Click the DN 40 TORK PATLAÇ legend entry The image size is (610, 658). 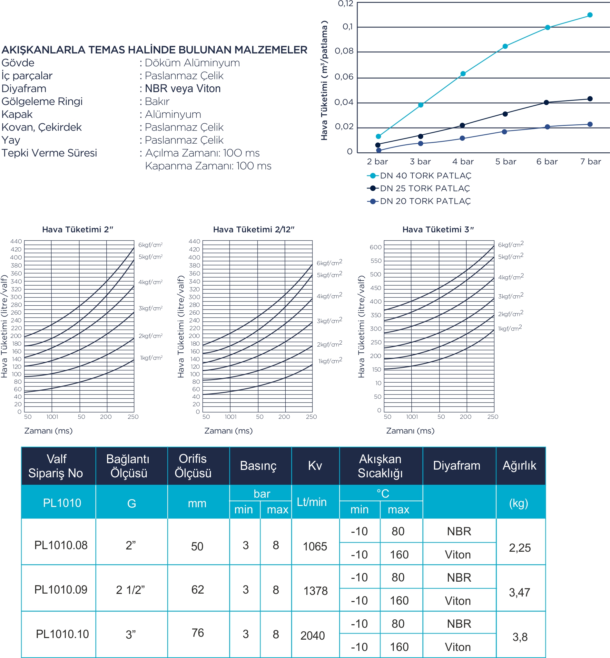pyautogui.click(x=419, y=176)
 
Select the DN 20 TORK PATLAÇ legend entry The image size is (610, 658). pyautogui.click(x=419, y=201)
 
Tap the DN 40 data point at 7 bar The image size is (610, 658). pyautogui.click(x=590, y=15)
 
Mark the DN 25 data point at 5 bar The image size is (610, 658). pyautogui.click(x=505, y=114)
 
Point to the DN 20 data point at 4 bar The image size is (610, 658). pyautogui.click(x=462, y=138)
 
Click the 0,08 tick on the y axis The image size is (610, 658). pyautogui.click(x=344, y=51)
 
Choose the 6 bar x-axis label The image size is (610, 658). pyautogui.click(x=547, y=162)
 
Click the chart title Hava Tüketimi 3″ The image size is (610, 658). pyautogui.click(x=438, y=229)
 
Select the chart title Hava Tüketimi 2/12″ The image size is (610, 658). pyautogui.click(x=253, y=229)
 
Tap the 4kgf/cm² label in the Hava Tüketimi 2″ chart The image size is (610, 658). pyautogui.click(x=151, y=282)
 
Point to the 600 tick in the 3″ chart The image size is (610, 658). pyautogui.click(x=376, y=247)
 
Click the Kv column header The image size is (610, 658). pyautogui.click(x=315, y=465)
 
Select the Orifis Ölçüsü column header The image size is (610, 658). pyautogui.click(x=193, y=466)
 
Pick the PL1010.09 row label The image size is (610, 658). pyautogui.click(x=61, y=589)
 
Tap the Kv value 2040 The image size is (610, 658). pyautogui.click(x=313, y=635)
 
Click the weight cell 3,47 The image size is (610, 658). pyautogui.click(x=519, y=592)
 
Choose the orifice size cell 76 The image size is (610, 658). pyautogui.click(x=198, y=633)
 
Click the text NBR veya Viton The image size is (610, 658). pyautogui.click(x=183, y=88)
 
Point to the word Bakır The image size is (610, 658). pyautogui.click(x=157, y=101)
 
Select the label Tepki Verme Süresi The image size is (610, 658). pyautogui.click(x=49, y=153)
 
